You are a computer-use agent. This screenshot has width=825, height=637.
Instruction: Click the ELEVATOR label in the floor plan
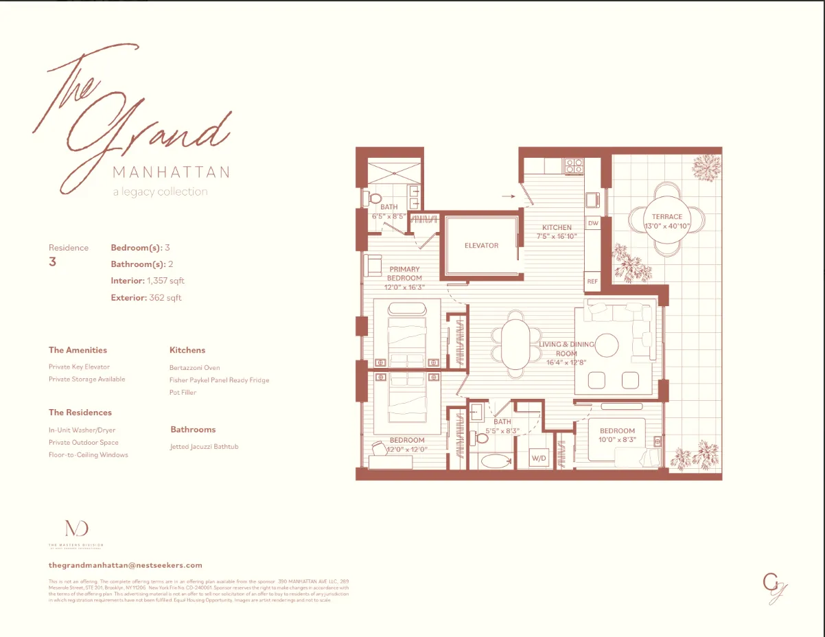(x=481, y=245)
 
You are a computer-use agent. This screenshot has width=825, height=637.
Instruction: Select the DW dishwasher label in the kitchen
(x=593, y=223)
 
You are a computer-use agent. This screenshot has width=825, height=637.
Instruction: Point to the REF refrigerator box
(x=592, y=281)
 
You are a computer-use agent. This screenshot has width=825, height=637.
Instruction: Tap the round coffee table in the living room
(x=607, y=345)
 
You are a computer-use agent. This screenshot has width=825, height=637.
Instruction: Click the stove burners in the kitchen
(x=573, y=165)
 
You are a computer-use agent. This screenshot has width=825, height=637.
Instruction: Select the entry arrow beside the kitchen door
(x=508, y=196)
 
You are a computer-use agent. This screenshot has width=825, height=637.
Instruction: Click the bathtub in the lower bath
(x=495, y=461)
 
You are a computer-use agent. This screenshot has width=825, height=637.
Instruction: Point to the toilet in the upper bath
(x=373, y=198)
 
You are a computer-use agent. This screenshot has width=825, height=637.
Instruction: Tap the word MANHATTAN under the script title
(x=171, y=172)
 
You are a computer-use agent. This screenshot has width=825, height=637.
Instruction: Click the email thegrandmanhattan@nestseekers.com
(x=126, y=565)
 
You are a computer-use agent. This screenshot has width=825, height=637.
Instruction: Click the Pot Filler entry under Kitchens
(x=183, y=393)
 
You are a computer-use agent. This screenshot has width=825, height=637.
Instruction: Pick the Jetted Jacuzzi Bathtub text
(x=204, y=447)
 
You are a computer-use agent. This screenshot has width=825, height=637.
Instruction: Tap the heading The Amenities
(x=78, y=350)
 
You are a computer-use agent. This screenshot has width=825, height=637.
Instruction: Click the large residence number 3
(x=52, y=262)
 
